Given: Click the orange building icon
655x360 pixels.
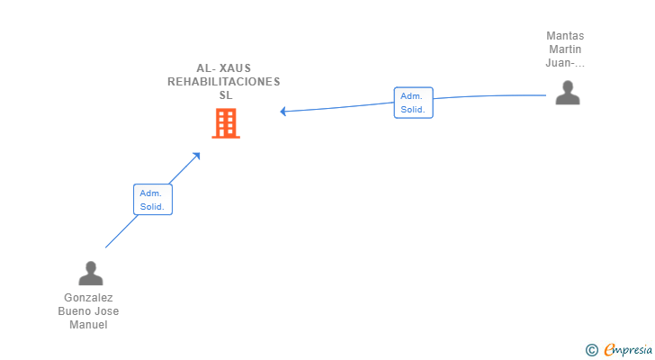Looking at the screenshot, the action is (x=226, y=123).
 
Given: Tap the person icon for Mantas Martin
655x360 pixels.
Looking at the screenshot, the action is (x=568, y=93).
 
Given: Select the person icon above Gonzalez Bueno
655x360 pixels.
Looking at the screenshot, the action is (x=91, y=274).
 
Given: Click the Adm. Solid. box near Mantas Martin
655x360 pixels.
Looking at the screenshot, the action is (x=413, y=103).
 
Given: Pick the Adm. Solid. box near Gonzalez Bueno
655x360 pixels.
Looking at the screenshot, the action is (x=153, y=200).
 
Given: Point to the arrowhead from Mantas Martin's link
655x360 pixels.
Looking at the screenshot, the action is (x=283, y=111).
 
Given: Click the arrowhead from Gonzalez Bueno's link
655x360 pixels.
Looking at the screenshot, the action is (x=196, y=157).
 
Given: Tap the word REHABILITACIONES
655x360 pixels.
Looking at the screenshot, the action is (x=224, y=82).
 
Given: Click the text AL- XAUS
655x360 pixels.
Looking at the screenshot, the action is (x=224, y=68).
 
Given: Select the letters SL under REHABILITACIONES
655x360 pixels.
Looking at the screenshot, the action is (x=226, y=95).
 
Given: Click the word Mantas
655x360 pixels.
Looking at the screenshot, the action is (x=565, y=36).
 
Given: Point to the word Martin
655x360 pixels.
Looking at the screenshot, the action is (x=565, y=49).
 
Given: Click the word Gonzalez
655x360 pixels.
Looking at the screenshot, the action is (x=88, y=298).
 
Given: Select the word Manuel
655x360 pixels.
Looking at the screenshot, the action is (x=88, y=325).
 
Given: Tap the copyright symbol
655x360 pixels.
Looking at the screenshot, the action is (x=591, y=350).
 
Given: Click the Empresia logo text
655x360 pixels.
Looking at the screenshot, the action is (x=628, y=350).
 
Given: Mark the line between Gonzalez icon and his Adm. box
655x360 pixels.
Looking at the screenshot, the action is (x=121, y=231).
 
